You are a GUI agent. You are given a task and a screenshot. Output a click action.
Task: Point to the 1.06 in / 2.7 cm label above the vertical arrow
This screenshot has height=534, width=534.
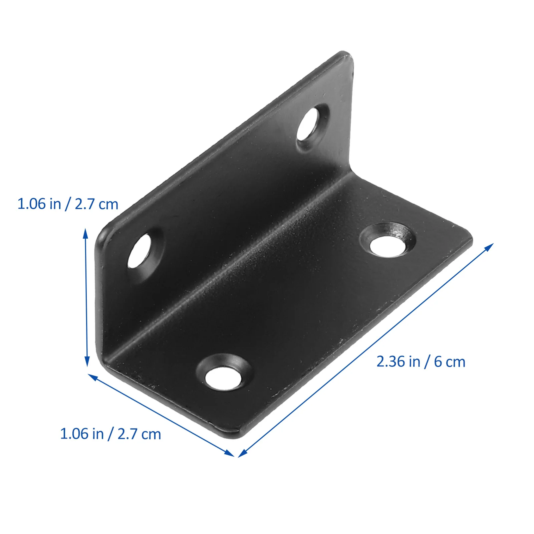(x=68, y=204)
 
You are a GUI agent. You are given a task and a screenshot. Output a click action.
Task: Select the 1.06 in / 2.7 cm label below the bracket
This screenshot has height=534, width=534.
(x=110, y=434)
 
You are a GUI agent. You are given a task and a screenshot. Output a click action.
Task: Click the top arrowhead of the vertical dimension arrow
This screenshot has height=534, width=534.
(x=86, y=233)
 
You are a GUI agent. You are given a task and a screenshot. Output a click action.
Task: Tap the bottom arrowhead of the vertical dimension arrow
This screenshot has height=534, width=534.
(x=87, y=362)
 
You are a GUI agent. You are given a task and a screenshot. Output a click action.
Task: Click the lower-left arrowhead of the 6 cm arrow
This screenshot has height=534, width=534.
(x=242, y=454)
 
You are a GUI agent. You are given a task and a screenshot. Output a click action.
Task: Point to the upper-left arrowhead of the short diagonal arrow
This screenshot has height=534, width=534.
(x=92, y=377)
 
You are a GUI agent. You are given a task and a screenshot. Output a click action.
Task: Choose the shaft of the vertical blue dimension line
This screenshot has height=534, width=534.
(x=86, y=297)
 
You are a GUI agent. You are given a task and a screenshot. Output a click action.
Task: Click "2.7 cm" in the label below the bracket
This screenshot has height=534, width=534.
(x=139, y=434)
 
